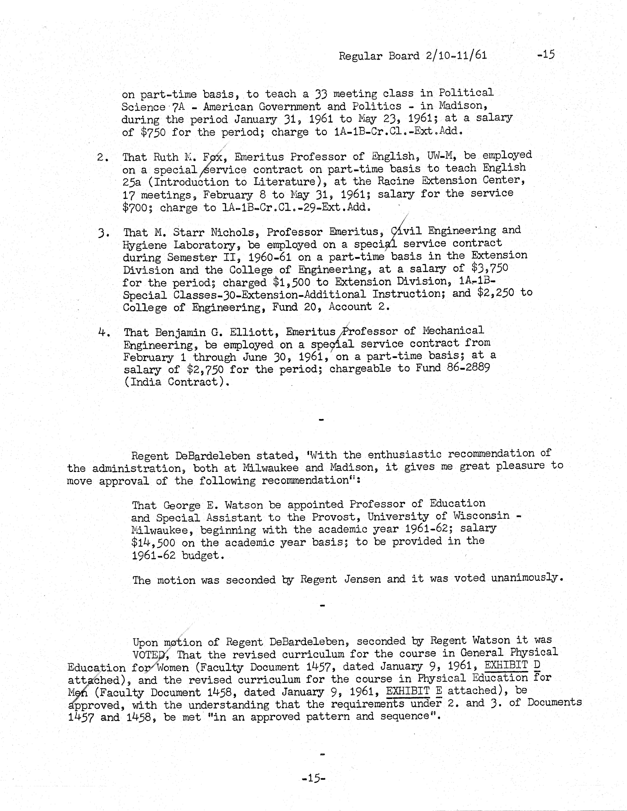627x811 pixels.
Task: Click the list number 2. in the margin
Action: pyautogui.click(x=103, y=157)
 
